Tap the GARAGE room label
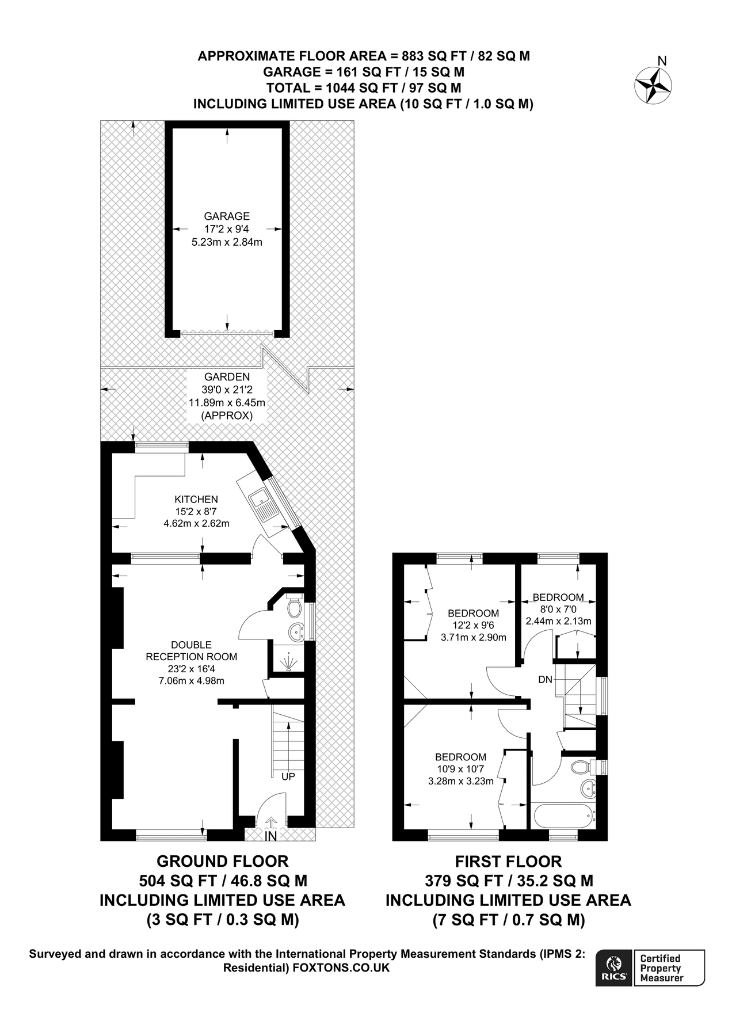tap(227, 216)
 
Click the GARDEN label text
tap(227, 377)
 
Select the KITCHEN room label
tap(196, 500)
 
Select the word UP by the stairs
tap(288, 776)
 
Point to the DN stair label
tap(545, 680)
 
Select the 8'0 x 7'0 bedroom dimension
tap(558, 610)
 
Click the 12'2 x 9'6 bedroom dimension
tap(473, 625)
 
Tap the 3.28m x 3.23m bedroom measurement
tap(460, 782)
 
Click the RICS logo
tap(614, 968)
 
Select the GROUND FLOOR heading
tap(222, 862)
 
